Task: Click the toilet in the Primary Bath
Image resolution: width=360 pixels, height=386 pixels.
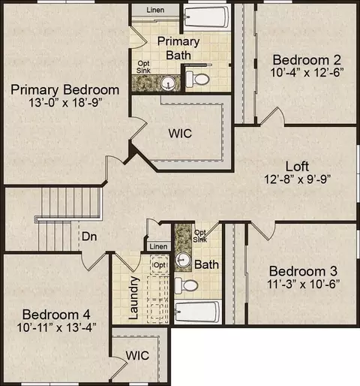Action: (x=197, y=79)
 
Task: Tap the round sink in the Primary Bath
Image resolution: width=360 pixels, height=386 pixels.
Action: (x=168, y=83)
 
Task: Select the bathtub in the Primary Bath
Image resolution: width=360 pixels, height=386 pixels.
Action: (x=206, y=17)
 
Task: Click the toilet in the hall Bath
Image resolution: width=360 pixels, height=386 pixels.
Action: (x=186, y=285)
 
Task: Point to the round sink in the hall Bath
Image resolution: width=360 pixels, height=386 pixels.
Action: (x=183, y=260)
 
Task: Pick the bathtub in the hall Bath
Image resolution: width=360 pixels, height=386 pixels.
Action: (x=197, y=312)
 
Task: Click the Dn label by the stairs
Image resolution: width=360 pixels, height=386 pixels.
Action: (x=89, y=237)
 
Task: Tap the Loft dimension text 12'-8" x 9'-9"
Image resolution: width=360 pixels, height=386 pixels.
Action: (x=298, y=179)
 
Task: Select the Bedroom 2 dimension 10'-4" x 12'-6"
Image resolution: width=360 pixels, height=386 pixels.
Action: (x=307, y=73)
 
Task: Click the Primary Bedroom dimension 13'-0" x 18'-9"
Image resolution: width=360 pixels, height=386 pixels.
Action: (x=65, y=102)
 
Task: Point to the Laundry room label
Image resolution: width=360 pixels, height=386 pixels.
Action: (x=133, y=297)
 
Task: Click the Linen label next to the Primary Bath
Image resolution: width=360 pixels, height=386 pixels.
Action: (x=155, y=10)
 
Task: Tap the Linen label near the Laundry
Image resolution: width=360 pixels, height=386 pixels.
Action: (x=158, y=246)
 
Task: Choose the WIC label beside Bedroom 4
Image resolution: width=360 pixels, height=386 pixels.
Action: (x=137, y=355)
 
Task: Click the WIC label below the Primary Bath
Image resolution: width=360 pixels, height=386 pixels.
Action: (x=180, y=133)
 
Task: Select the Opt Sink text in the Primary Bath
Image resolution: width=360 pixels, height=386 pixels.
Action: (x=143, y=67)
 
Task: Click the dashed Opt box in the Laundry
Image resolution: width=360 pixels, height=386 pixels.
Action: (x=160, y=265)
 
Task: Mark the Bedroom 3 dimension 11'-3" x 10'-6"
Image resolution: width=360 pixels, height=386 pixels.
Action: (x=303, y=284)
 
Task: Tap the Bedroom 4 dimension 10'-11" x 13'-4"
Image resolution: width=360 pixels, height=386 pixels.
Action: (x=56, y=327)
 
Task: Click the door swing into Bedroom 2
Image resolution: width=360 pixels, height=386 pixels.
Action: (x=273, y=116)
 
